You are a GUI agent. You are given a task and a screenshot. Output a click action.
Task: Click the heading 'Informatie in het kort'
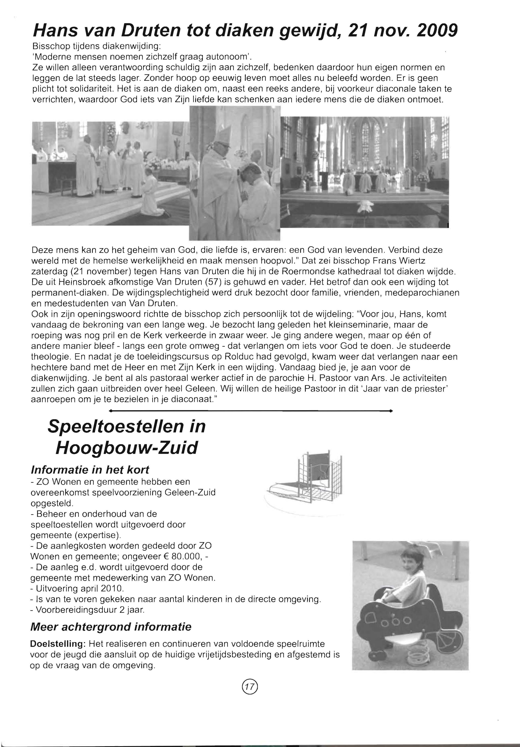click(x=90, y=470)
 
